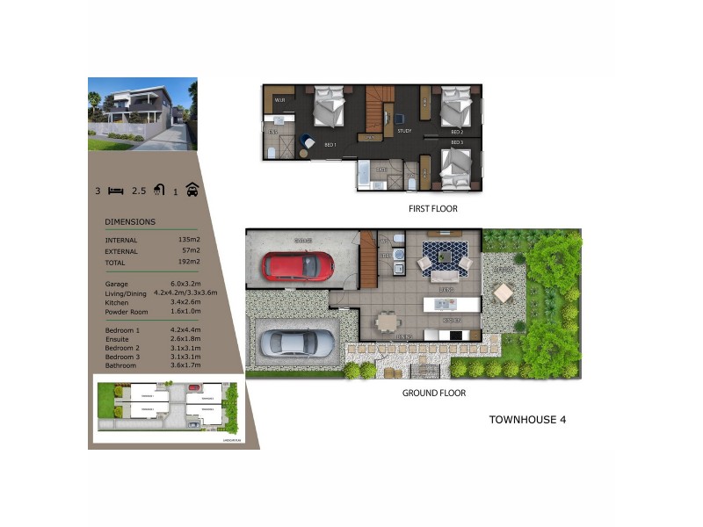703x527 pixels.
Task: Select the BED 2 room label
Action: (456, 132)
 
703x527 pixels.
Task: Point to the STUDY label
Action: (404, 131)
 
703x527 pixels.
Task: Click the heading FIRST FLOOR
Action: (432, 209)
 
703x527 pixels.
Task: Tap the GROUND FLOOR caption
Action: (433, 393)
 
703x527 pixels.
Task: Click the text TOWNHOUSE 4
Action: (527, 420)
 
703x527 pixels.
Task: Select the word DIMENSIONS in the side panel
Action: (130, 222)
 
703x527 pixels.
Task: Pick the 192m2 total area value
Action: (189, 261)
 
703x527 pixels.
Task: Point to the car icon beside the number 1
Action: (192, 190)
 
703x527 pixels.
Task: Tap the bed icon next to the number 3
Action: (115, 190)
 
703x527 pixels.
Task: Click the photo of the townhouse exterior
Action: (142, 114)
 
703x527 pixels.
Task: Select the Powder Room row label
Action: (127, 312)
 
